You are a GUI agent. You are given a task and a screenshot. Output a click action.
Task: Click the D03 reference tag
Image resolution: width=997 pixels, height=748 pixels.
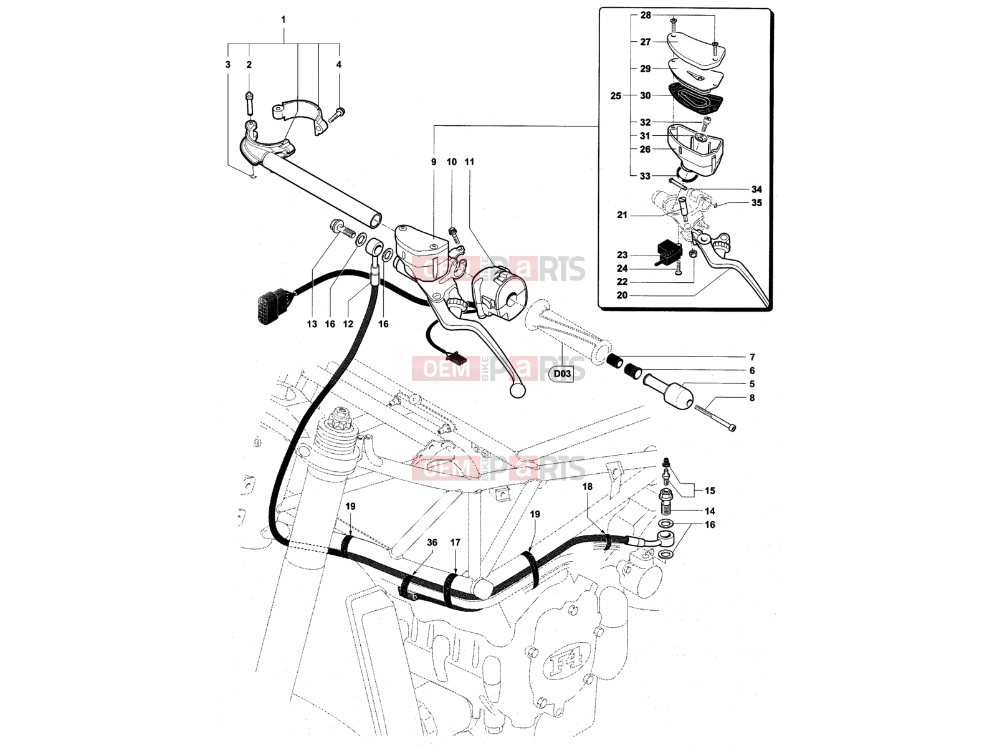tap(562, 373)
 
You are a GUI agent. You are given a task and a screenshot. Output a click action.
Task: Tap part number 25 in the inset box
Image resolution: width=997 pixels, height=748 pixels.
tap(616, 96)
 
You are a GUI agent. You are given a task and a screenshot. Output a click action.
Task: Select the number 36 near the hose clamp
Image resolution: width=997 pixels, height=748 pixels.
tap(432, 542)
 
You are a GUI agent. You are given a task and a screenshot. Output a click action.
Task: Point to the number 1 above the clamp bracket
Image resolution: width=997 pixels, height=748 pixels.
tap(284, 19)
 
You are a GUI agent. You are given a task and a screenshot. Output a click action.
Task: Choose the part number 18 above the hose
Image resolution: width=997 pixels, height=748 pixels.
tap(588, 486)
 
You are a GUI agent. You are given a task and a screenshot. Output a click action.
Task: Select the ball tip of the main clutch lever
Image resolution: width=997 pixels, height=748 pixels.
tap(517, 389)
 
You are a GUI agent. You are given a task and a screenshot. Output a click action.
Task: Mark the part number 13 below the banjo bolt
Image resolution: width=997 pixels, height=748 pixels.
tap(312, 324)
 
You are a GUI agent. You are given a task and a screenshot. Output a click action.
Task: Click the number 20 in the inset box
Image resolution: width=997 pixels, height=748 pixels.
tap(622, 295)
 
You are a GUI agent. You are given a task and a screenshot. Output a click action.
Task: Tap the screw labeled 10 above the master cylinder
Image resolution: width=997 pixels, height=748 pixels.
tap(454, 234)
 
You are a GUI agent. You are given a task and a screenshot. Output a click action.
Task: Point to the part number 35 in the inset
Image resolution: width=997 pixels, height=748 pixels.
tap(756, 203)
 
